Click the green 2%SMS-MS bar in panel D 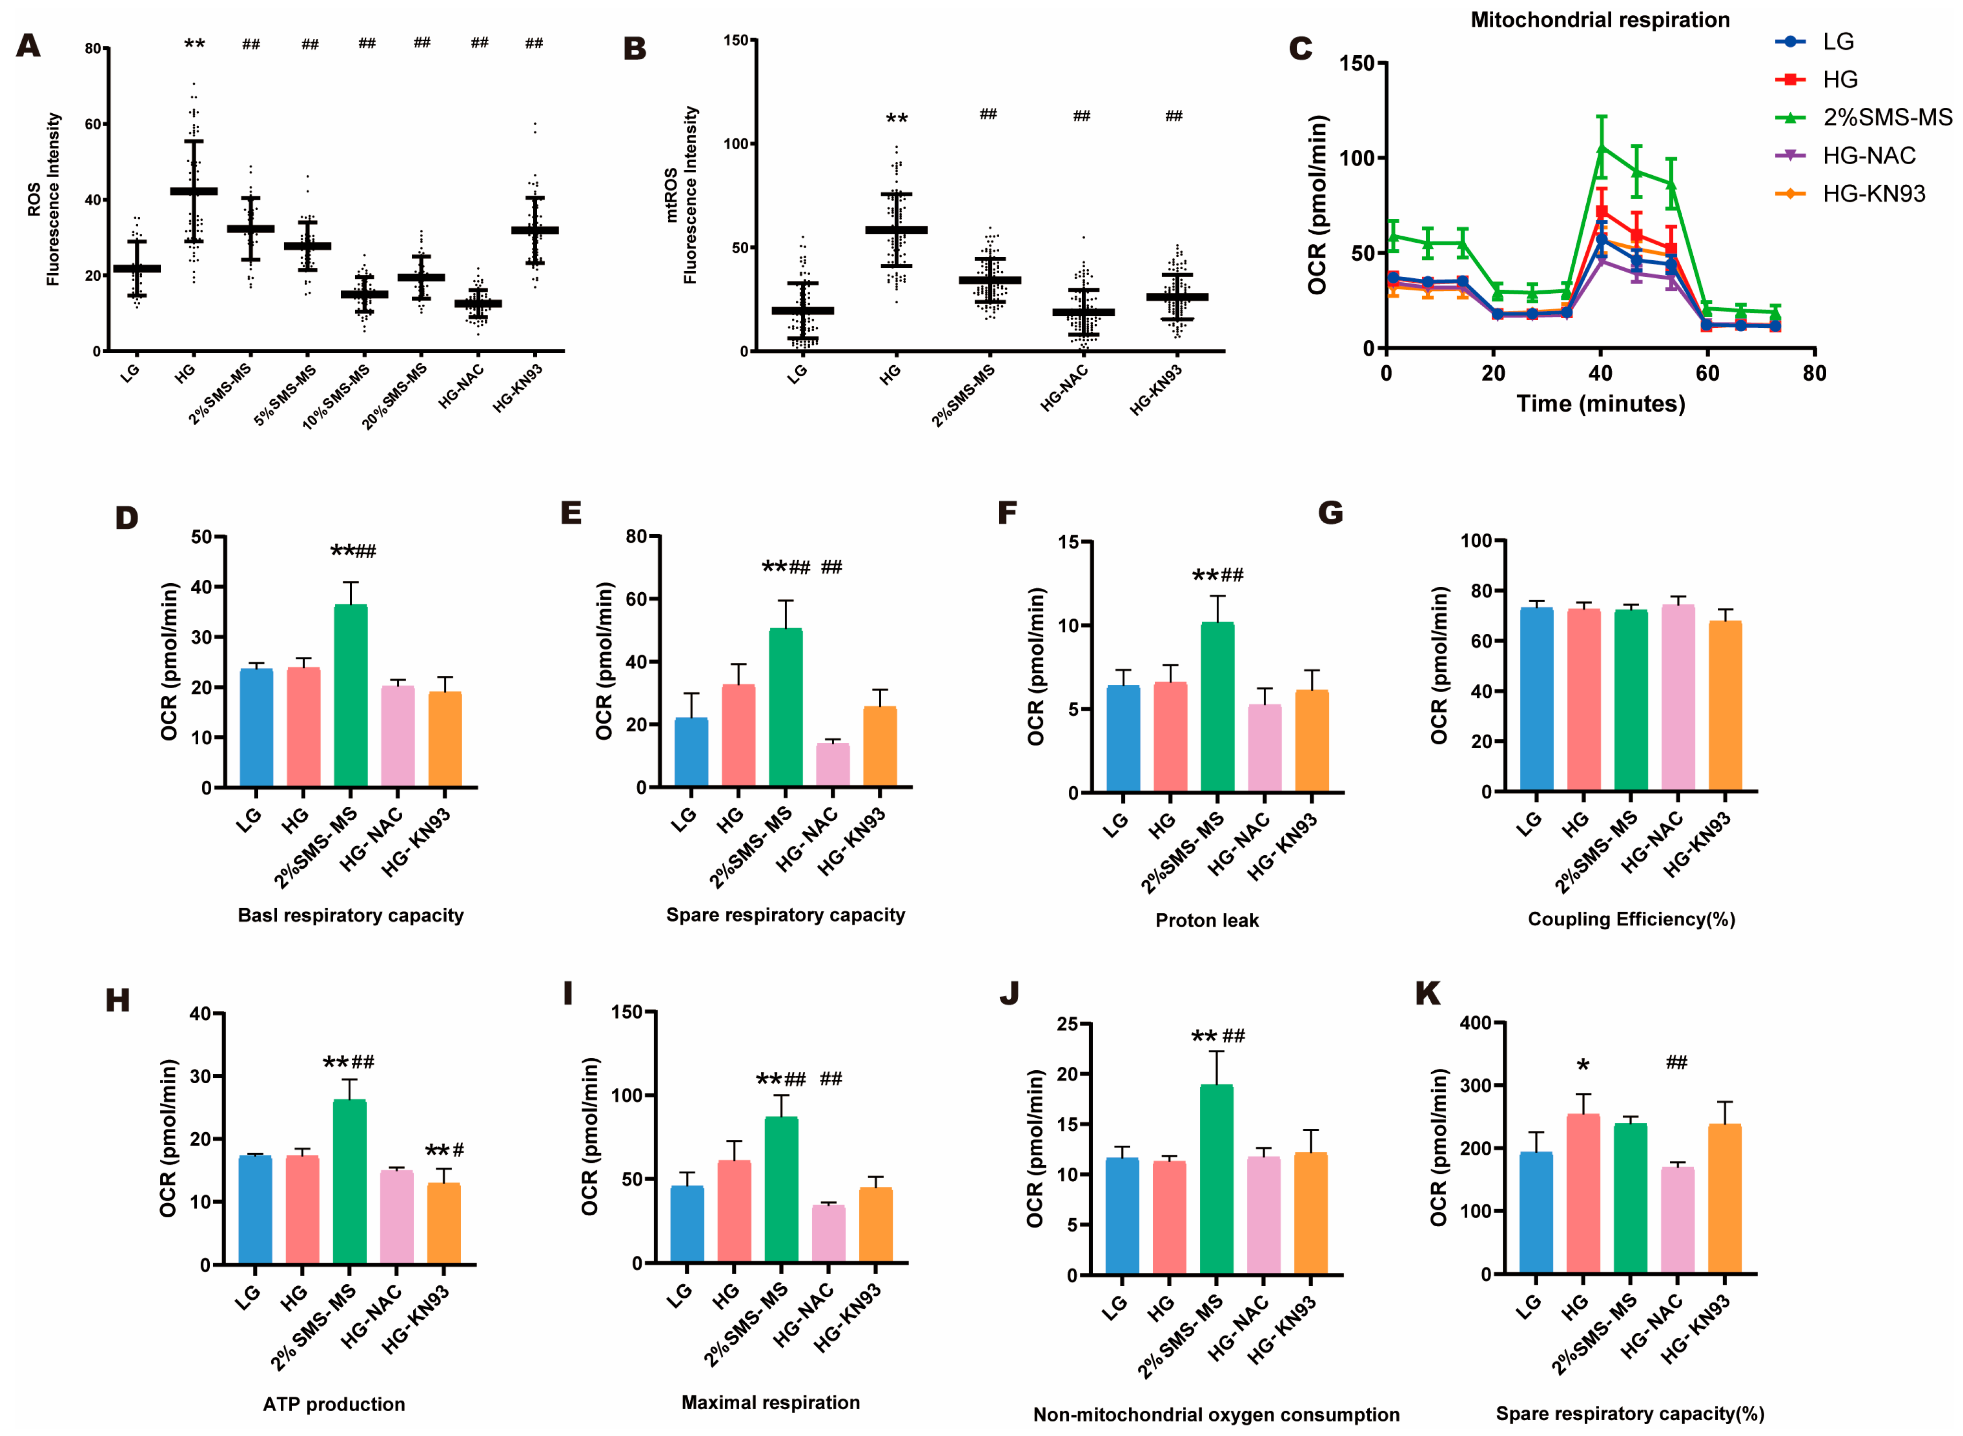[350, 695]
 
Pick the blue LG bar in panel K [1535, 1213]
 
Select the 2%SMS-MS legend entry [1887, 118]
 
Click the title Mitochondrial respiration [1600, 20]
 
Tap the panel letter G [1330, 513]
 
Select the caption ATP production [334, 1404]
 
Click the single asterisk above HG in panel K [1582, 1065]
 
